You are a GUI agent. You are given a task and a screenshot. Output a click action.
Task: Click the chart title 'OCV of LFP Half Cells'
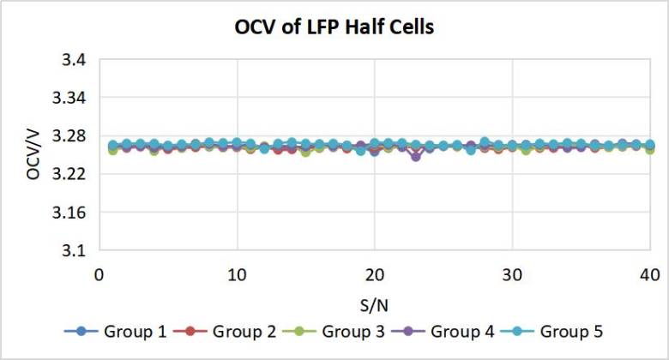click(334, 27)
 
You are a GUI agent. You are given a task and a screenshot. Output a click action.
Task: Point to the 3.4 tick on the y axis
click(75, 60)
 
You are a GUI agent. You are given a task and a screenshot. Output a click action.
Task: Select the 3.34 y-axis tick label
click(69, 98)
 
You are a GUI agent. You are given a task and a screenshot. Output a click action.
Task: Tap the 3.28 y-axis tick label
click(69, 136)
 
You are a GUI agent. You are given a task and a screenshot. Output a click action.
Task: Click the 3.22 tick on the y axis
click(69, 174)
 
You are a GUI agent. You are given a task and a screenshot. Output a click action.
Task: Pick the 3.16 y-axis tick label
click(69, 212)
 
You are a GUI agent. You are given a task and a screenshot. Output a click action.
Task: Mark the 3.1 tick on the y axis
click(75, 250)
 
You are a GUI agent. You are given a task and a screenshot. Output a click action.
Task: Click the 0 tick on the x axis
click(99, 275)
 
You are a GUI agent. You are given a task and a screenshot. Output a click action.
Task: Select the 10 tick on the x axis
click(237, 275)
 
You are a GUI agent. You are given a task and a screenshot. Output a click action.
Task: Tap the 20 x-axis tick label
click(375, 275)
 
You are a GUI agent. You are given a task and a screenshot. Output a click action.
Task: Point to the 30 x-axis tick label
click(512, 275)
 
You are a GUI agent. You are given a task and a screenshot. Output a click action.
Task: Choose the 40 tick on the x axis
click(650, 275)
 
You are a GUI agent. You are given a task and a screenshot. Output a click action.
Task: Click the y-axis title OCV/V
click(33, 155)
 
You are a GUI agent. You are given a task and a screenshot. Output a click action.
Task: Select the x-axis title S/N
click(374, 305)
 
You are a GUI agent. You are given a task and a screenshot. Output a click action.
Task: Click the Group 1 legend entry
click(115, 332)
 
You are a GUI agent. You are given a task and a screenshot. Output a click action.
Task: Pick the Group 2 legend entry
click(225, 332)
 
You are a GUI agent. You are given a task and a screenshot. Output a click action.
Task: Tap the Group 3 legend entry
click(334, 332)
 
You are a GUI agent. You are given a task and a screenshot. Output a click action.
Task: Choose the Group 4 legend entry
click(443, 332)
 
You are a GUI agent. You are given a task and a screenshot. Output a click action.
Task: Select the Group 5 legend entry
click(552, 332)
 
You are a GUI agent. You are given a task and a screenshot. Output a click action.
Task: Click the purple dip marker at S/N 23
click(416, 157)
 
